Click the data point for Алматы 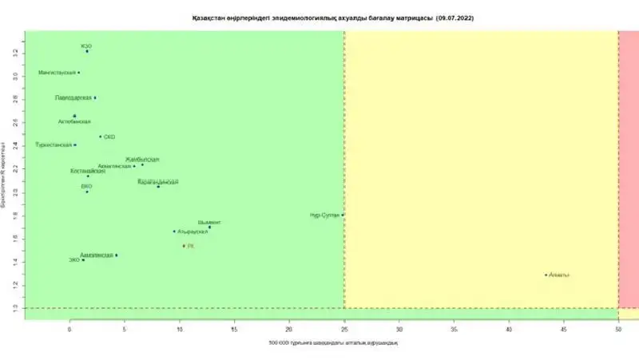pyautogui.click(x=546, y=275)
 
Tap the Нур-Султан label pyautogui.click(x=325, y=216)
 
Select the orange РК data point pyautogui.click(x=184, y=246)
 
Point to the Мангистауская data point pyautogui.click(x=78, y=73)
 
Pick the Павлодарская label pyautogui.click(x=73, y=97)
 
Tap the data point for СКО pyautogui.click(x=101, y=136)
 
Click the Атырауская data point pyautogui.click(x=174, y=231)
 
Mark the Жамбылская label pyautogui.click(x=141, y=160)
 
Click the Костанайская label pyautogui.click(x=88, y=171)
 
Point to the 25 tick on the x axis pyautogui.click(x=344, y=328)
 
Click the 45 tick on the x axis pyautogui.click(x=563, y=328)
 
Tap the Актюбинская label pyautogui.click(x=74, y=122)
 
